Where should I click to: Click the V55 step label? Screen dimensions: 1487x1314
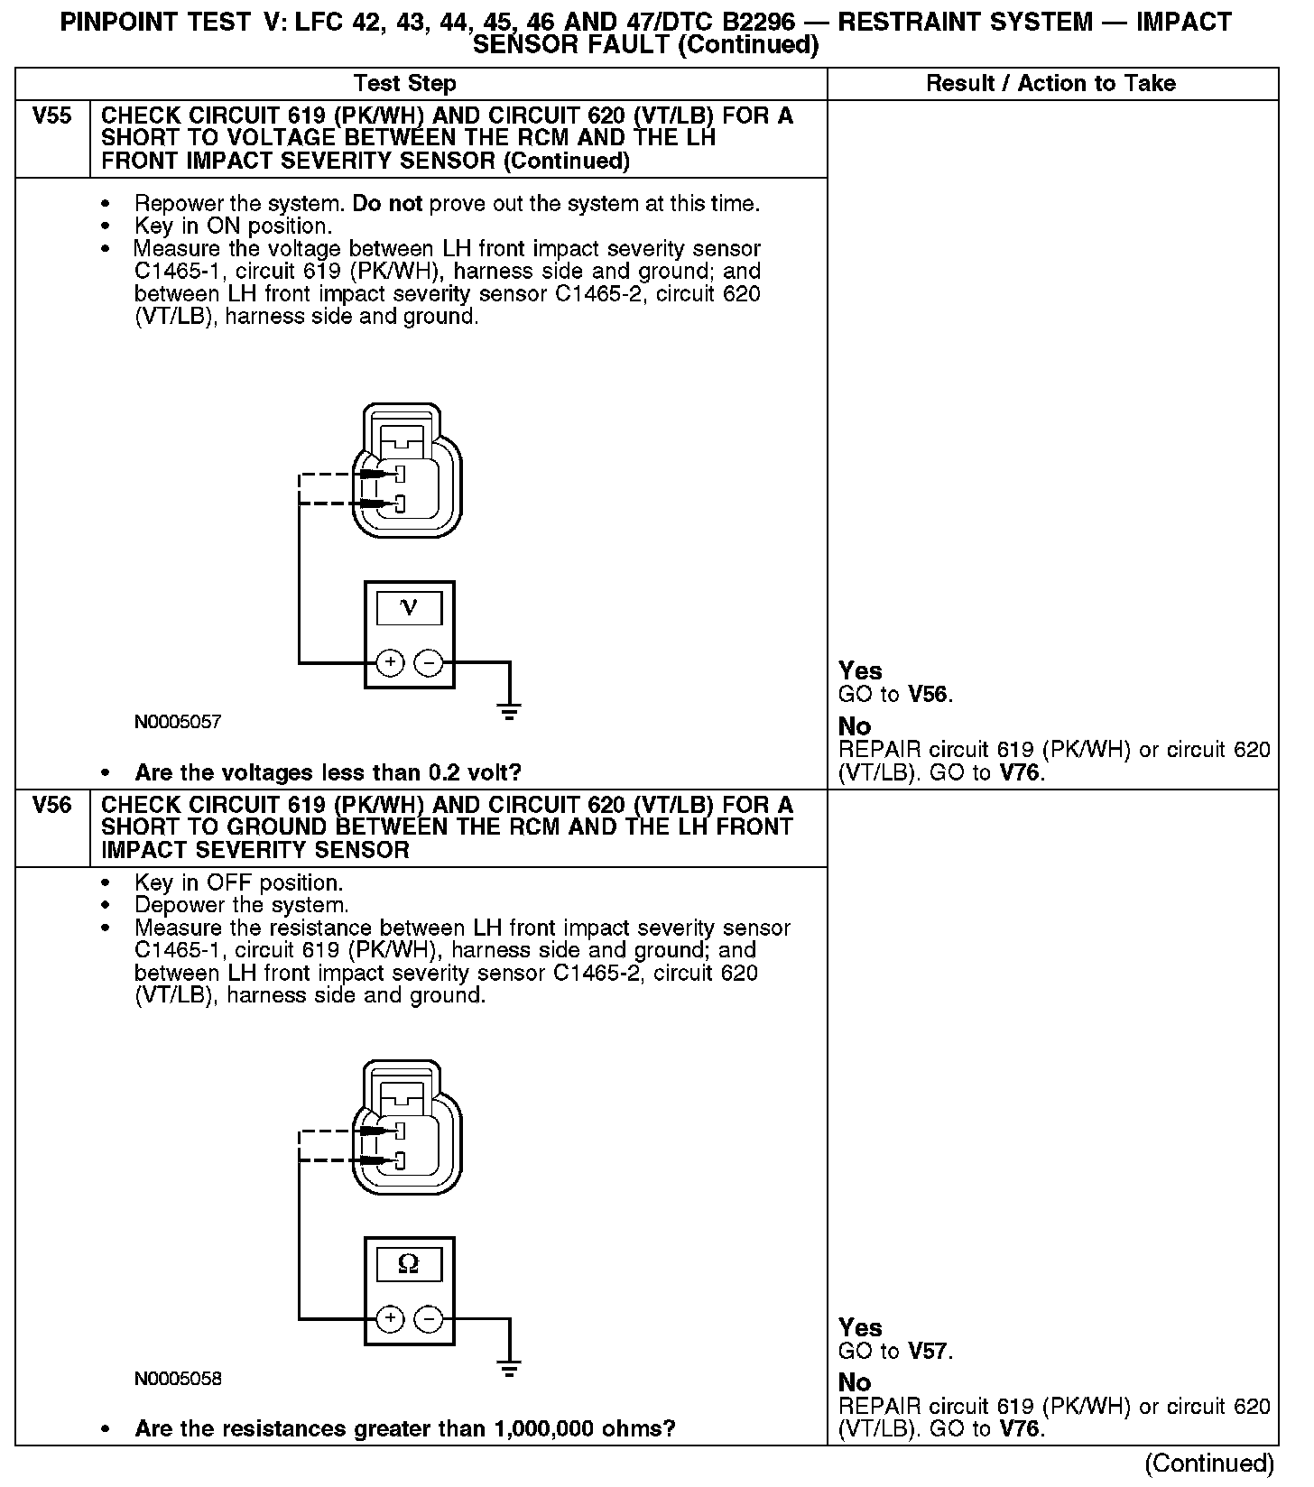tap(51, 116)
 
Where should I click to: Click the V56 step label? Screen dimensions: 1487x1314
tap(51, 805)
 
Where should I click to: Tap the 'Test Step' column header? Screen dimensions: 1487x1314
tap(405, 84)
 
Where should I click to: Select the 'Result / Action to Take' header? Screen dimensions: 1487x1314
tap(1050, 84)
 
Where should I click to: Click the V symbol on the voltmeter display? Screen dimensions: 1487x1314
tap(409, 608)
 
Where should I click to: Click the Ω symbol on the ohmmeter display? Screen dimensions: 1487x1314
tap(409, 1265)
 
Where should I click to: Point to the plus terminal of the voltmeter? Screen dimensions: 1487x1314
tap(390, 663)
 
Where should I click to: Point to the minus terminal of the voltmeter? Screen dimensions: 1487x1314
tap(428, 663)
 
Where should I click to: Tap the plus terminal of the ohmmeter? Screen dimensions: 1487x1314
tap(390, 1319)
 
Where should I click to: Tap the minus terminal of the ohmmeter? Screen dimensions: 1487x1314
tap(428, 1319)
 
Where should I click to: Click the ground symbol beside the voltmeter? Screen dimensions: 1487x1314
tap(510, 711)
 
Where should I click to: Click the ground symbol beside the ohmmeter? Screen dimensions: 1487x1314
tap(510, 1368)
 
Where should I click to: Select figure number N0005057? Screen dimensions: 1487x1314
tap(178, 722)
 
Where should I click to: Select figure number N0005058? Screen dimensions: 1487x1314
tap(178, 1379)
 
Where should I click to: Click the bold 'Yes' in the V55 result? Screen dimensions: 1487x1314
tap(860, 670)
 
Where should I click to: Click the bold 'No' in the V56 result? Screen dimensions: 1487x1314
tap(855, 1382)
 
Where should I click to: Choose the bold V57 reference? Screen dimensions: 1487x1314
tap(929, 1351)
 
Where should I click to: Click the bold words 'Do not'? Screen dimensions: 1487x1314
tap(387, 204)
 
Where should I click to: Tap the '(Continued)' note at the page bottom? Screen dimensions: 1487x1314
tap(1209, 1463)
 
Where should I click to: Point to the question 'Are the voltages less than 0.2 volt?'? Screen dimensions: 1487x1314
tap(328, 773)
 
